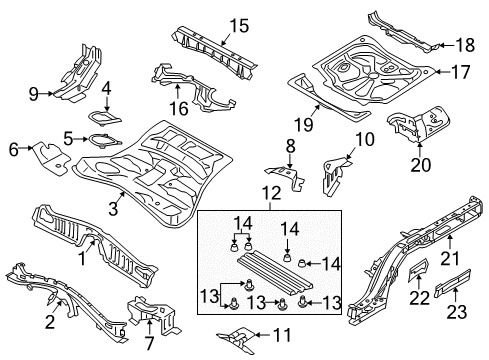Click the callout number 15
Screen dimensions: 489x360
click(x=239, y=26)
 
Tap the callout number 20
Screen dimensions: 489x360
click(x=420, y=164)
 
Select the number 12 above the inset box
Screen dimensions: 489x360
click(x=271, y=193)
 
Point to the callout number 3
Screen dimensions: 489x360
click(x=113, y=209)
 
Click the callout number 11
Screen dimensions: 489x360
click(x=282, y=335)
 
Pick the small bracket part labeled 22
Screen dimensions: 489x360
click(x=418, y=270)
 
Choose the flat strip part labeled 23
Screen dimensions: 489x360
click(x=453, y=283)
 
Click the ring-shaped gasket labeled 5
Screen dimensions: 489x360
click(x=104, y=141)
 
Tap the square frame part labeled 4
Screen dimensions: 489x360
click(x=104, y=118)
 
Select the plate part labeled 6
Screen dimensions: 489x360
click(x=50, y=158)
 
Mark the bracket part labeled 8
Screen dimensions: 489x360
click(x=287, y=177)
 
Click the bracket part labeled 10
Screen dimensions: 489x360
click(x=333, y=176)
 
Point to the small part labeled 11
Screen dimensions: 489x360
click(x=237, y=339)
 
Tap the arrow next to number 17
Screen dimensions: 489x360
click(x=442, y=71)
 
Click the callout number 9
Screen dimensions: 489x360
click(x=34, y=94)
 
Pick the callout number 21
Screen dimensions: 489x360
click(x=450, y=258)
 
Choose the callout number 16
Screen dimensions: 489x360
click(x=179, y=108)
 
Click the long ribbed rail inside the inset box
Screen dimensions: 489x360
click(x=275, y=272)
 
